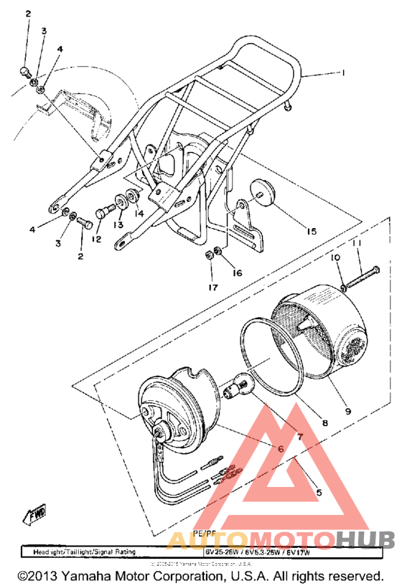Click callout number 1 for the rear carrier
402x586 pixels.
343,72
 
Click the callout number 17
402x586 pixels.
212,288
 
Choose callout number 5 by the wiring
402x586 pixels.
318,493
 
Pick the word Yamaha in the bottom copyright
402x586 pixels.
93,576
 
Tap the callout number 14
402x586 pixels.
139,213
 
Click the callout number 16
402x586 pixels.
236,273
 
